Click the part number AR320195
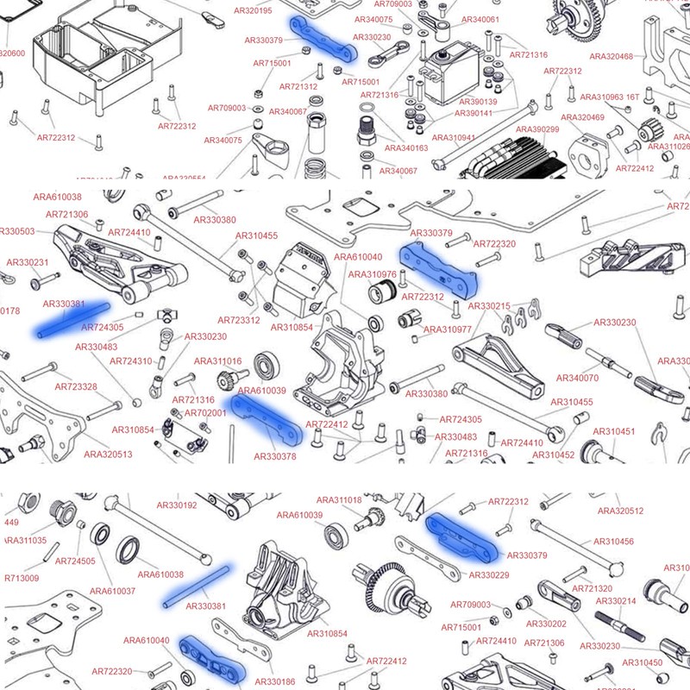coord(253,11)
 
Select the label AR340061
coord(480,20)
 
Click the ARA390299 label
coord(537,129)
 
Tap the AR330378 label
coord(274,456)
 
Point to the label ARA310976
coord(373,274)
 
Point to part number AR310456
coord(613,542)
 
